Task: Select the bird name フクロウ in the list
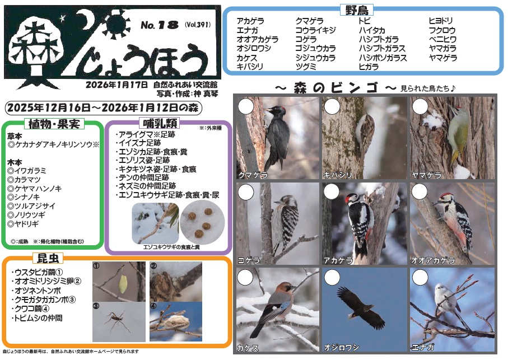(442, 30)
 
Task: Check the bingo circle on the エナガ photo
(418, 277)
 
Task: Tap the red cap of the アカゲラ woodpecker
(351, 198)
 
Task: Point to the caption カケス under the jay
(248, 347)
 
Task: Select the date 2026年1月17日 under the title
(117, 85)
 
